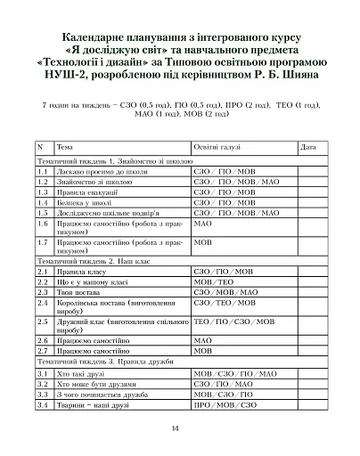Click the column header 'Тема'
point(65,145)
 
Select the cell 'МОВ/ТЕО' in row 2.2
point(214,281)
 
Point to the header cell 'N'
point(40,145)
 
